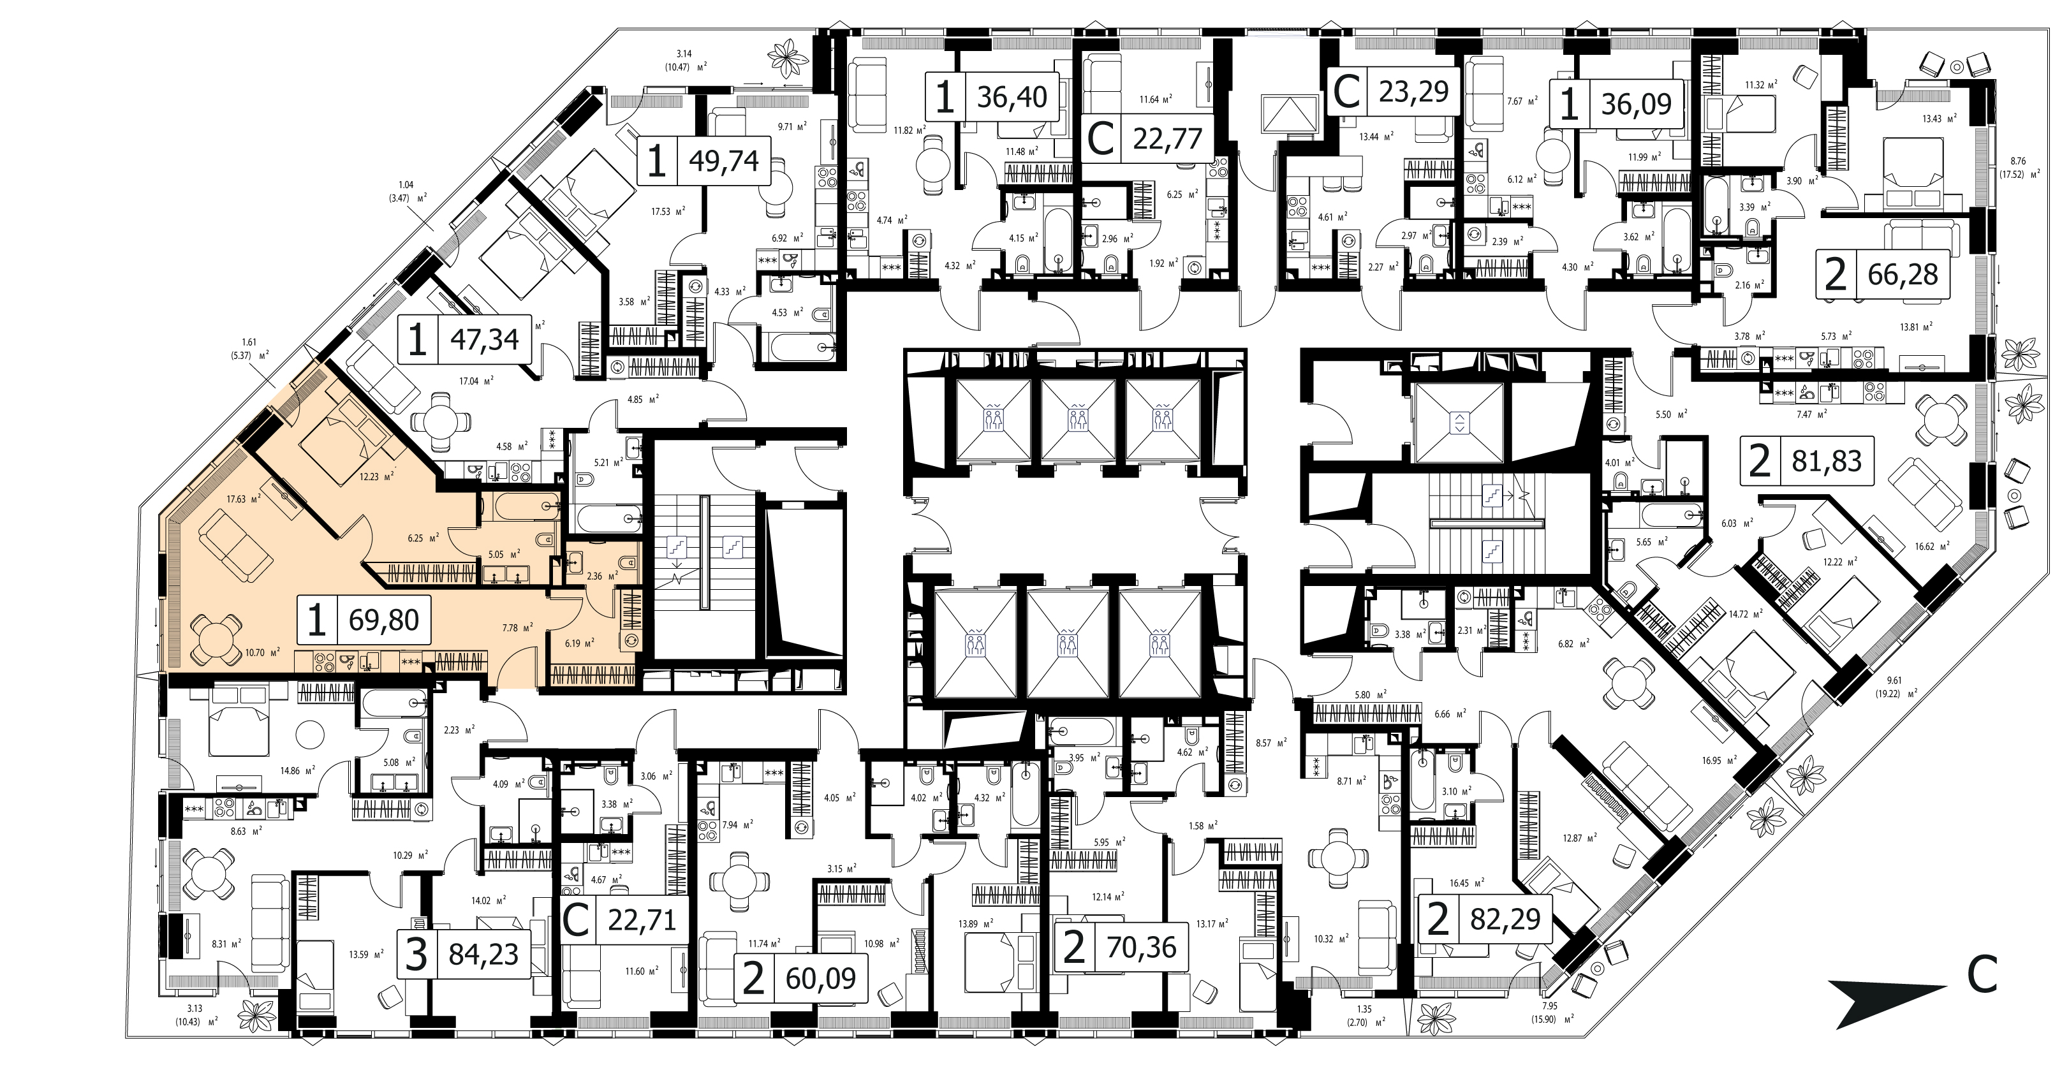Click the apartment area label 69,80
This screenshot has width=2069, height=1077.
(384, 620)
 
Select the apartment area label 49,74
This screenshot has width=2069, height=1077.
(724, 161)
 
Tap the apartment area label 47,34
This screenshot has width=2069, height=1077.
(484, 340)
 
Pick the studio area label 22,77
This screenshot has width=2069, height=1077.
(1168, 139)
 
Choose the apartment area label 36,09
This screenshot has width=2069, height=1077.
(1636, 105)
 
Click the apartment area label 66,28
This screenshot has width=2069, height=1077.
(1903, 275)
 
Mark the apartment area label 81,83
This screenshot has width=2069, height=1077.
(1827, 462)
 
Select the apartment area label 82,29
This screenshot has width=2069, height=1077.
(1505, 919)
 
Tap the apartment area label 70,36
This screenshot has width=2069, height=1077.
(1141, 948)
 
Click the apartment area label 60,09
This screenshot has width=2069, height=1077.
(821, 979)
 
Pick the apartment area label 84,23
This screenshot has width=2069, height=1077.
(483, 955)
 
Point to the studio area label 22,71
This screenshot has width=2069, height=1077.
(642, 919)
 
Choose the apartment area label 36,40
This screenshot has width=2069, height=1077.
(1012, 97)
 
